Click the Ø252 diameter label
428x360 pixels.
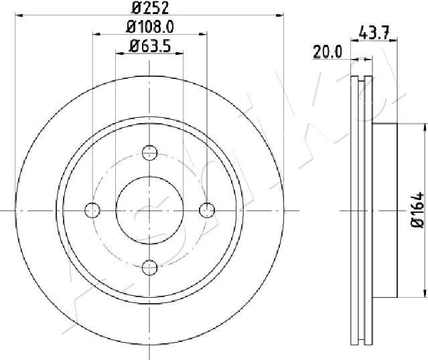[x=149, y=8]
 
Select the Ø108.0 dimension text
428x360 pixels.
[x=149, y=27]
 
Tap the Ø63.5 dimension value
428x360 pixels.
[x=149, y=47]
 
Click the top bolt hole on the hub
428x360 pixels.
[x=150, y=152]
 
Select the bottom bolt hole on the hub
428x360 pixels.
[x=150, y=268]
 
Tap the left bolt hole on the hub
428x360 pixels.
[x=92, y=210]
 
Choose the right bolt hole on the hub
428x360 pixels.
[x=208, y=210]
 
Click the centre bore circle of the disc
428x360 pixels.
[x=150, y=210]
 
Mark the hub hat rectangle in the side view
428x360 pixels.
[x=384, y=210]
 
